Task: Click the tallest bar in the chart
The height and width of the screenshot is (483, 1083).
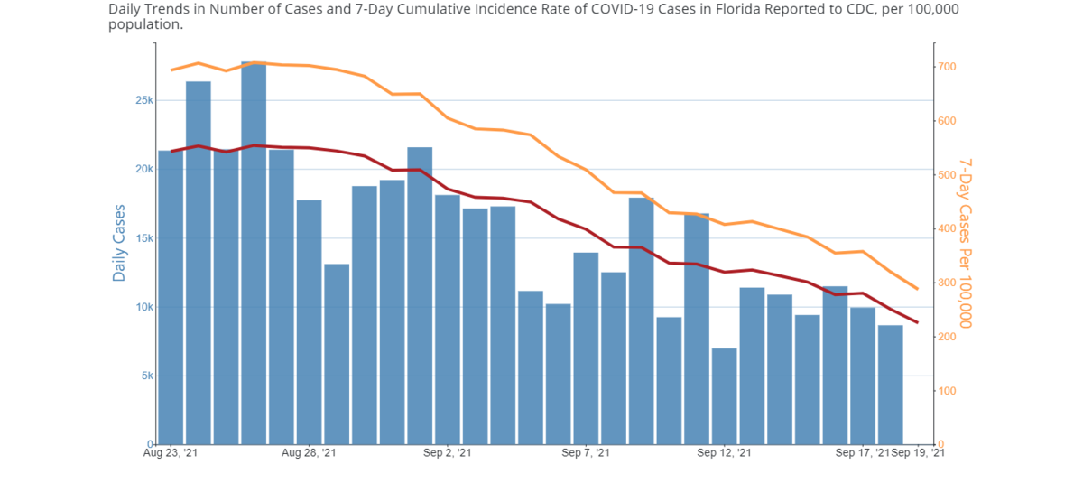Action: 254,253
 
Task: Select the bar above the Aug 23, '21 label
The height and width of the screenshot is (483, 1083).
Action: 171,297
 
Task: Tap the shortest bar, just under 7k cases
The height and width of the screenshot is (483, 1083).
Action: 724,396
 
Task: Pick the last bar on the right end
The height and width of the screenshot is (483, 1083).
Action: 890,385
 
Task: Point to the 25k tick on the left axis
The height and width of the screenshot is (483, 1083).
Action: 140,100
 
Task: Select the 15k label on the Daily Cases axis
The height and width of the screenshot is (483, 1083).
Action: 140,238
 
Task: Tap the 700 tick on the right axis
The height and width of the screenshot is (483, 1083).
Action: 947,68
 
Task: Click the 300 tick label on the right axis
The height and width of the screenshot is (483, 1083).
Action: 947,283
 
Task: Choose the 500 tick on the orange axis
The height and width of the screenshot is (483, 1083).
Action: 947,175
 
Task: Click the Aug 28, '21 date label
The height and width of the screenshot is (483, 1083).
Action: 309,452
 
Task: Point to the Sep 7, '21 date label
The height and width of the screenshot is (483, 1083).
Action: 587,452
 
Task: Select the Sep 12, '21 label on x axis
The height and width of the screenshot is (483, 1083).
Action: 725,452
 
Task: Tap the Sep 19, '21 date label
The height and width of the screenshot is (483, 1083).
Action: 920,452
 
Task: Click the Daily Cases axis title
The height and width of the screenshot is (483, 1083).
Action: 119,242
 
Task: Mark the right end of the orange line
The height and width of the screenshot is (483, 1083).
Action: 918,289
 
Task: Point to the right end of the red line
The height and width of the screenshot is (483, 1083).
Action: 918,322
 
